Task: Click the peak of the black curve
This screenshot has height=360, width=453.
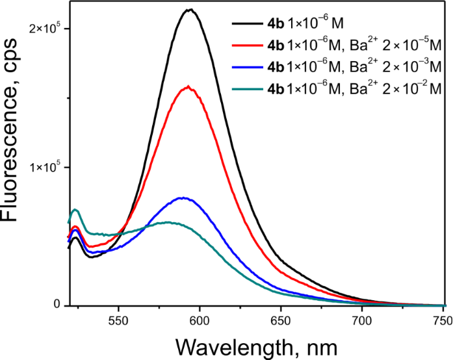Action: pos(190,10)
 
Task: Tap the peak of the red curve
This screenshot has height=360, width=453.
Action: pos(188,86)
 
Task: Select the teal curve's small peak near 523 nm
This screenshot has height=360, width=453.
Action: pos(76,209)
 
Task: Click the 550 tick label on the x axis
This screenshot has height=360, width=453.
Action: pos(118,319)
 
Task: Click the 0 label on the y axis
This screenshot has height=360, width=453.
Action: pos(57,305)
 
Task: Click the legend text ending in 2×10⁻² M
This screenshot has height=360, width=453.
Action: pos(354,86)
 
